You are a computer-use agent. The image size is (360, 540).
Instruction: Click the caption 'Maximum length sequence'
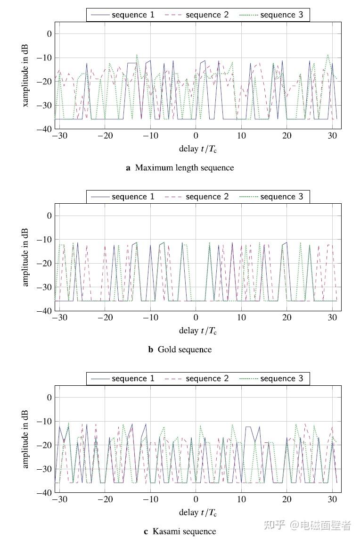184,167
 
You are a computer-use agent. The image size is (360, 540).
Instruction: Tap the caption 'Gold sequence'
184,349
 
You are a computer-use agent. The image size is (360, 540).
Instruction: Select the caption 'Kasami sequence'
184,532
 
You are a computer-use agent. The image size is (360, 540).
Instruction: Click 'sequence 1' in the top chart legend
133,15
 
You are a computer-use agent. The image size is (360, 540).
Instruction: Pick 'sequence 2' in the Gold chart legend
207,197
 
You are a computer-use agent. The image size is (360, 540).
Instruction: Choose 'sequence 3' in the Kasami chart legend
282,378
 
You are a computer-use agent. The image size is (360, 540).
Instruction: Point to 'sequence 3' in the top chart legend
282,15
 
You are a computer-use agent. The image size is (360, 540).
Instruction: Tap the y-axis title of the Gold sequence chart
25,257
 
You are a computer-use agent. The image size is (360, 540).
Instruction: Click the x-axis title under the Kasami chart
198,512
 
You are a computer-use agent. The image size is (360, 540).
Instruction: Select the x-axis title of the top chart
198,149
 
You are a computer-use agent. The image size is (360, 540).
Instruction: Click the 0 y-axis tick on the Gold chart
48,216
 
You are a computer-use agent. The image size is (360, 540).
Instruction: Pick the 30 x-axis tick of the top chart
332,136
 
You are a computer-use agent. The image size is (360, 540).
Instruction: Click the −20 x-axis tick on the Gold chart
105,318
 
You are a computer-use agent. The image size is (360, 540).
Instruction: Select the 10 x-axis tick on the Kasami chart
241,499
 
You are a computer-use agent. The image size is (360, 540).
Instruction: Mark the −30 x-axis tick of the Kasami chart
59,499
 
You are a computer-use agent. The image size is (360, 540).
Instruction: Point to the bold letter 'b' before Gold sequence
151,349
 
